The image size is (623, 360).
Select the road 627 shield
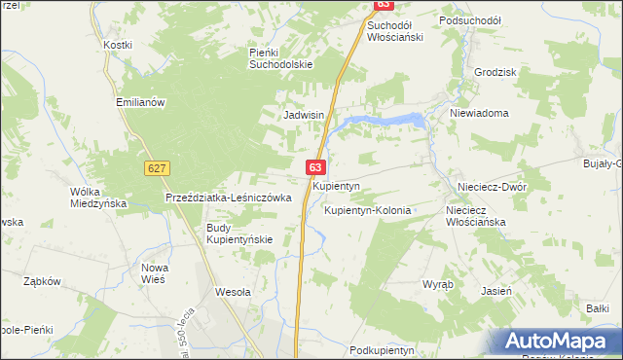[156, 168]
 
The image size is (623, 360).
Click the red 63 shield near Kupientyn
[316, 168]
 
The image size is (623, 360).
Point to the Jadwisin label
[303, 115]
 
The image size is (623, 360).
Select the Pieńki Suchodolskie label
[280, 58]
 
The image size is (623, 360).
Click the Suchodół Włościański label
[402, 29]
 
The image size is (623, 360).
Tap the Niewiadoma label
[479, 113]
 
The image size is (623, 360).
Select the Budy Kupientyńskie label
[238, 234]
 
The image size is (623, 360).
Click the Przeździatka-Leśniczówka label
[229, 198]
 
